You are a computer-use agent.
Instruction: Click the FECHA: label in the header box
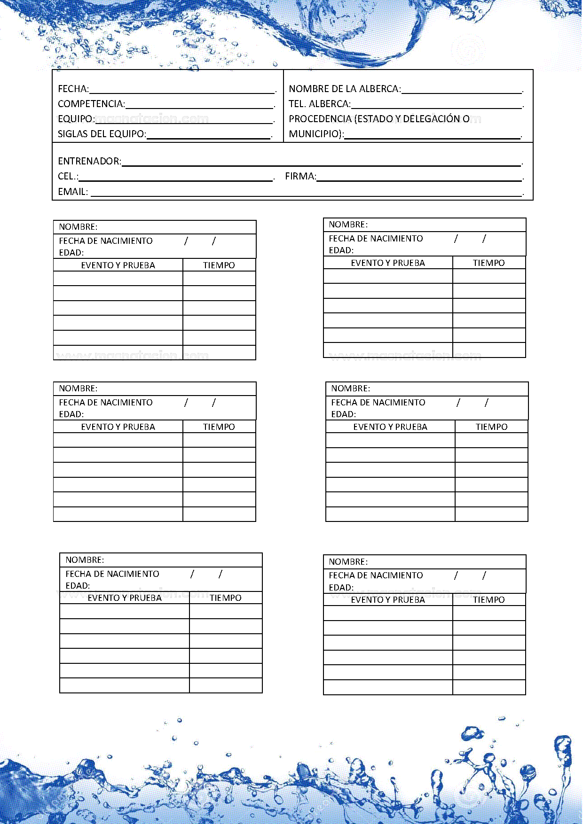point(73,89)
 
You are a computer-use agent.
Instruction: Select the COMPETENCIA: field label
point(91,104)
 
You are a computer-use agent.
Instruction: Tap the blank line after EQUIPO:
point(184,119)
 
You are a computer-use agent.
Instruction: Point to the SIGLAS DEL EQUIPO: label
point(102,134)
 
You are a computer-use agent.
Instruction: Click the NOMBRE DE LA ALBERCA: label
point(345,89)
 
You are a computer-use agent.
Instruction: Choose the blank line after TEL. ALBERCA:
point(436,104)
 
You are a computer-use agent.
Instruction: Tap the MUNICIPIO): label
point(316,134)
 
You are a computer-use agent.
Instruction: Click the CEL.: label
point(68,176)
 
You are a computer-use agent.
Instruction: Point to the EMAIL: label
point(73,192)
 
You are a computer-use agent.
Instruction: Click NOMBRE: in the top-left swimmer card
point(78,227)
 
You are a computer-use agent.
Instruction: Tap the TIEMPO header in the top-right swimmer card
point(488,263)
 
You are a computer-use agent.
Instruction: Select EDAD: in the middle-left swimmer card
point(71,414)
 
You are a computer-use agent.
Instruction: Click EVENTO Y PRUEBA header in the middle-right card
point(390,427)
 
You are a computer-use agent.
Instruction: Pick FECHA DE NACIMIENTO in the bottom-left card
point(112,574)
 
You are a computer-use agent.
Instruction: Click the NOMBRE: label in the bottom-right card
point(348,562)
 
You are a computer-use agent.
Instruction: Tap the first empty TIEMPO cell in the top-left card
point(219,279)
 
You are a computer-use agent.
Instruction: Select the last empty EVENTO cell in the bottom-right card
point(388,687)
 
